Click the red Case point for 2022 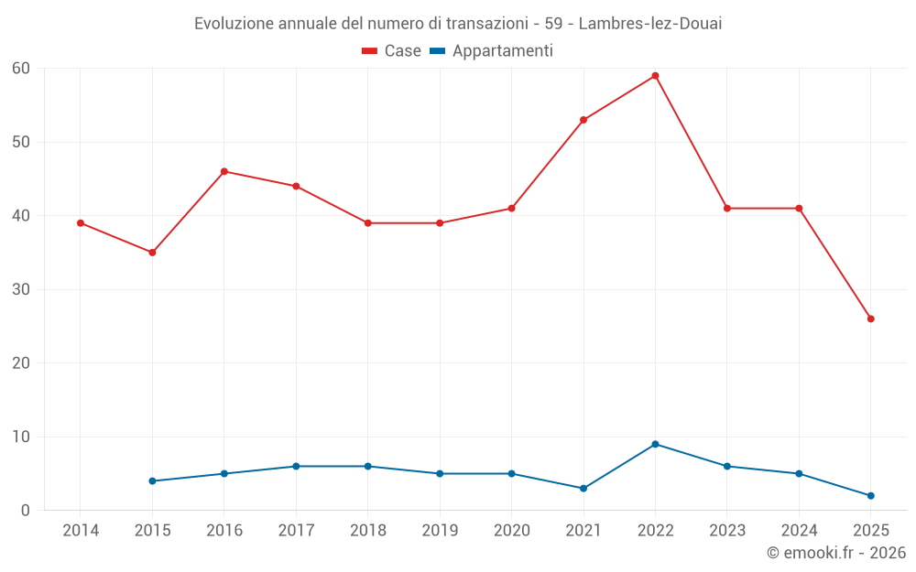(655, 76)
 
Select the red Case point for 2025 (870, 318)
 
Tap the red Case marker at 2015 (152, 253)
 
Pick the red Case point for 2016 (224, 171)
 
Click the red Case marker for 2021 (583, 120)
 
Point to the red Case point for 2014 (81, 223)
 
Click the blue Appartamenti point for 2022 (655, 444)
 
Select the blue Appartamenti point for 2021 (583, 489)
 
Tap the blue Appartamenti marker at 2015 (152, 480)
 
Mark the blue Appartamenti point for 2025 (870, 496)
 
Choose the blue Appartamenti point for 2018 (368, 466)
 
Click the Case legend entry (392, 51)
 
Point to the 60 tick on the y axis (21, 69)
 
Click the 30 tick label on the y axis (21, 289)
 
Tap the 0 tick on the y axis (26, 511)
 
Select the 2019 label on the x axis (440, 531)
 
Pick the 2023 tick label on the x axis (727, 531)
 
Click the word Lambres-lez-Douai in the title (650, 24)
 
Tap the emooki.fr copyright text (835, 553)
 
